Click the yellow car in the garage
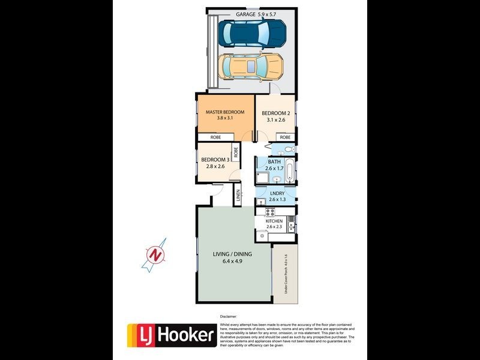pos(251,67)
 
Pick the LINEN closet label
pos(238,195)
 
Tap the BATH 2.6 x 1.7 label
pos(274,165)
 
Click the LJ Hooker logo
pos(172,335)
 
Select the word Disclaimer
pos(229,316)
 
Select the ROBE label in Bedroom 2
pos(285,137)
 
